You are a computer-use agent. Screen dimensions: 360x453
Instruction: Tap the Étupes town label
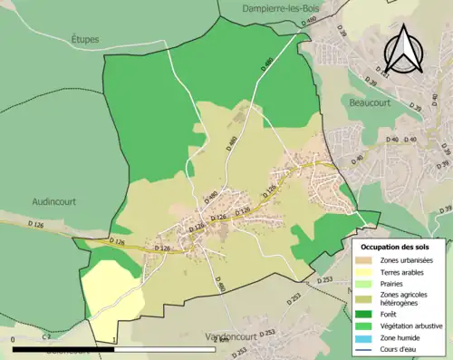tap(84, 40)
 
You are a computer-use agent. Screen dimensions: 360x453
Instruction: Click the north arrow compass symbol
tap(402, 50)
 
